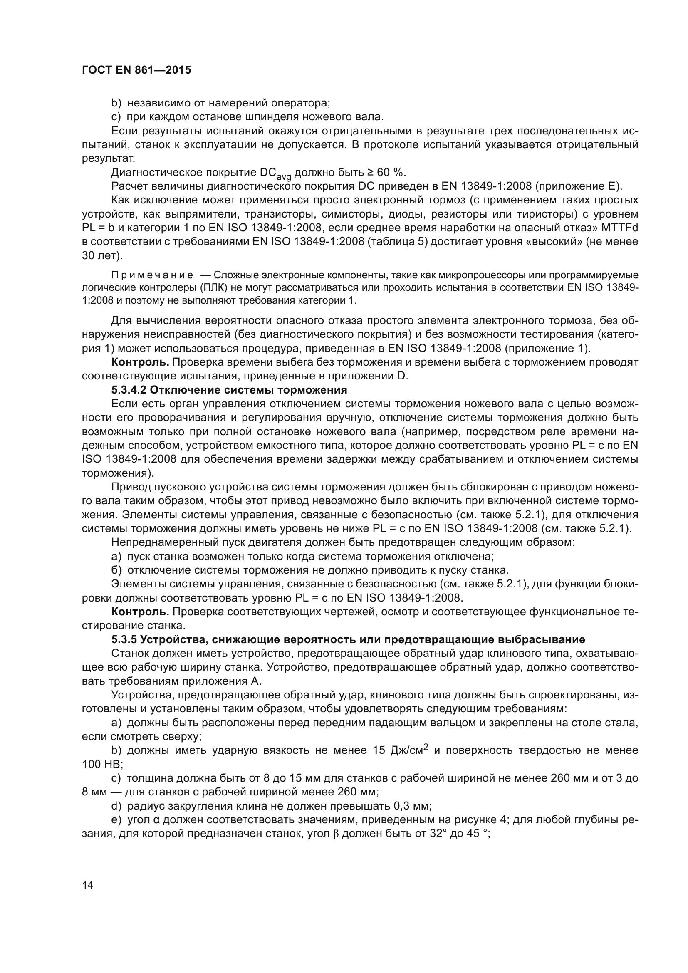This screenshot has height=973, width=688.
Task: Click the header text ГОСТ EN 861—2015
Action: [x=136, y=70]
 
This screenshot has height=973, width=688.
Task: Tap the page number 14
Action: [x=88, y=885]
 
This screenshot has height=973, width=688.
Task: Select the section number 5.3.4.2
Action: [x=129, y=390]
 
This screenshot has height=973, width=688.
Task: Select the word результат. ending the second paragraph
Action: [x=108, y=158]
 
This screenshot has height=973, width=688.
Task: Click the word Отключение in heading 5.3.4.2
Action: [x=178, y=390]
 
